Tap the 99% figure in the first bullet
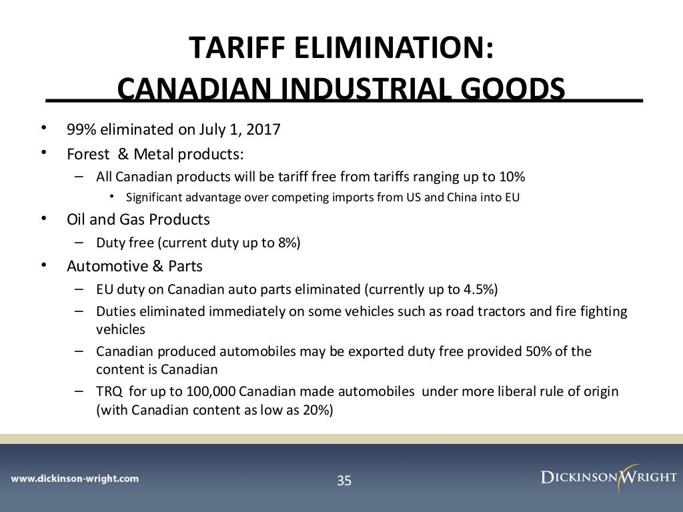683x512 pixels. (80, 129)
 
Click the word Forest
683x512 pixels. (88, 154)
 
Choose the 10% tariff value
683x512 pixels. (512, 177)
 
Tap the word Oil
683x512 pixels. (78, 219)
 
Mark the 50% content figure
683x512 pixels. (528, 351)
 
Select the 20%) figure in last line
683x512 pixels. (317, 410)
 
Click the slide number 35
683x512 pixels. (344, 480)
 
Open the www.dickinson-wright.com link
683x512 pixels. (75, 478)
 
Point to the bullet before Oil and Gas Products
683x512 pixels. (44, 219)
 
